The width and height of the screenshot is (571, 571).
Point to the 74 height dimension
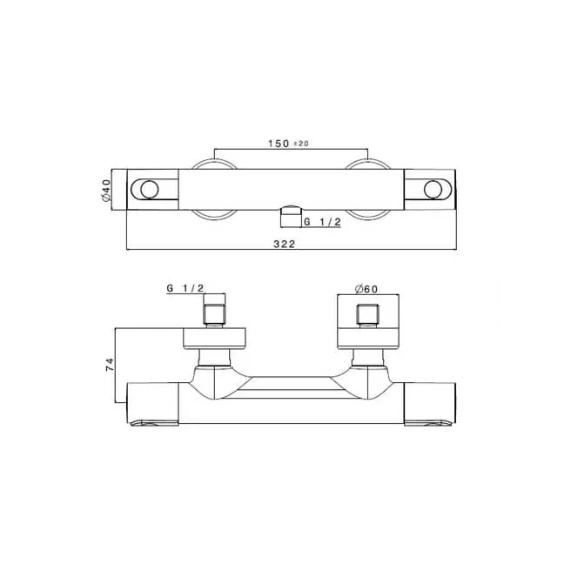pyautogui.click(x=109, y=366)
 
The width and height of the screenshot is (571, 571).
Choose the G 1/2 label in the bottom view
pyautogui.click(x=185, y=288)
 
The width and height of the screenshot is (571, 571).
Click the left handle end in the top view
pyautogui.click(x=153, y=189)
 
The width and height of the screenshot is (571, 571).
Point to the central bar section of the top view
pyautogui.click(x=290, y=189)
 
